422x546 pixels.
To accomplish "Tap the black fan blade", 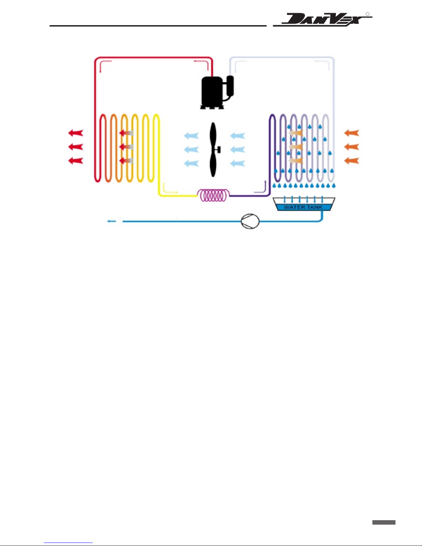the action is pos(213,150).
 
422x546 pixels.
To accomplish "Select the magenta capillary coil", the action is pos(213,195).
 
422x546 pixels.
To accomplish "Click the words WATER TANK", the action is pos(303,207).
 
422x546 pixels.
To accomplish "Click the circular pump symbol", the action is pos(250,222).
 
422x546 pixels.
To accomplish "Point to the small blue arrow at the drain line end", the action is pos(112,222).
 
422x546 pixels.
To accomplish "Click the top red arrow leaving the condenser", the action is pos(75,133).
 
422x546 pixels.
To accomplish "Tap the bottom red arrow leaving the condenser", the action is pos(75,161).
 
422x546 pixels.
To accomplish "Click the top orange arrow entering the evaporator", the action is pos(352,133).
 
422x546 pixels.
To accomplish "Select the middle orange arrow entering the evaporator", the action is pos(352,147).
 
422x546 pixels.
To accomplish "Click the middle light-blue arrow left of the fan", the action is pos(192,150).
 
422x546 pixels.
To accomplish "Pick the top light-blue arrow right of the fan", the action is pos(238,136).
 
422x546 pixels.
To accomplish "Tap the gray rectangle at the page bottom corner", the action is pos(384,522).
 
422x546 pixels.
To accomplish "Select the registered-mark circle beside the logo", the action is pos(368,14).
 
